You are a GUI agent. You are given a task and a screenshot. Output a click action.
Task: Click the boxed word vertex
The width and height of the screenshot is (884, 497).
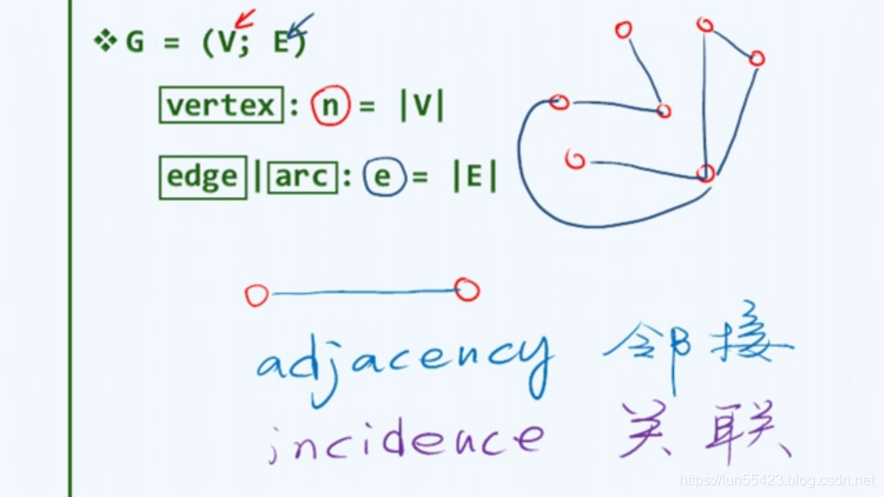point(221,106)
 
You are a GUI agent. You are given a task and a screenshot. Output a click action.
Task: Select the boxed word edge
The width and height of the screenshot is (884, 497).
point(203,176)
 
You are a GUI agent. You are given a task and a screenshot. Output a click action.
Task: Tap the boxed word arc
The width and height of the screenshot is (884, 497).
point(302,176)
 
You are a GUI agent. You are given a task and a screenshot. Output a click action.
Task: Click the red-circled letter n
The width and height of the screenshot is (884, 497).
point(330,107)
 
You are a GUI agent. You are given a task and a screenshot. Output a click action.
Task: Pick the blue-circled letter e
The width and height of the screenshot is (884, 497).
point(382,177)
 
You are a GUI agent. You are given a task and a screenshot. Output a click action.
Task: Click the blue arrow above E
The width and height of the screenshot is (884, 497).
point(300,24)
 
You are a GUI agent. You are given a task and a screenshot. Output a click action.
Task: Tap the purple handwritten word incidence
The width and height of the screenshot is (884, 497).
point(405,438)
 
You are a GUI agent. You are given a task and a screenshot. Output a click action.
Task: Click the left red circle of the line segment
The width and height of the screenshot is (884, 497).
point(257,295)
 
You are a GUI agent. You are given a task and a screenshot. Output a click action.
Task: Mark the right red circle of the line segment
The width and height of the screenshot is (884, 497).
point(467,291)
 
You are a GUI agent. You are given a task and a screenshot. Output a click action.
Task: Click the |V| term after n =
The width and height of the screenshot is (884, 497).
point(422,107)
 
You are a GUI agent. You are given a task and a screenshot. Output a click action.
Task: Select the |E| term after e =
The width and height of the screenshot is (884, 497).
point(474,177)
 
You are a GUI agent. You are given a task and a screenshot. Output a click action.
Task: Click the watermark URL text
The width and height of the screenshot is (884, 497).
point(776,480)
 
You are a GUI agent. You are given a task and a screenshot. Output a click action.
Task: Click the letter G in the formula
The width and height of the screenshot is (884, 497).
point(134,42)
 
